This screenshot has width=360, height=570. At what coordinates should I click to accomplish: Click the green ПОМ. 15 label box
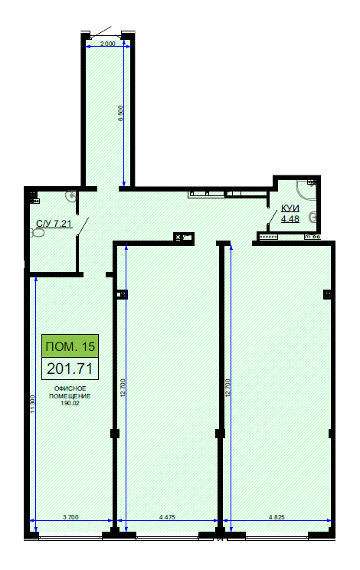[x=70, y=346]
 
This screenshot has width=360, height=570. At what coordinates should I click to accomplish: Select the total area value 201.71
[x=70, y=369]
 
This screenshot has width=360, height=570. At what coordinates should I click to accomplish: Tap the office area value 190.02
[x=70, y=403]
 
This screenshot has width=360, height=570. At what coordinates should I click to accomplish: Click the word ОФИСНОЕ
[x=70, y=389]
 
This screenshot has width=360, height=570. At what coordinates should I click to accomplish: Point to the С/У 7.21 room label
[x=54, y=223]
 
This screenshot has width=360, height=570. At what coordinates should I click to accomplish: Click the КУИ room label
[x=290, y=208]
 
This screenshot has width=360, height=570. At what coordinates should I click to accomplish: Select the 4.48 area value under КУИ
[x=290, y=218]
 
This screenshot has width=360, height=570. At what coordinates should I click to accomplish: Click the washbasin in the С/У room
[x=71, y=197]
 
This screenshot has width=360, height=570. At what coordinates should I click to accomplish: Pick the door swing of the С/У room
[x=83, y=227]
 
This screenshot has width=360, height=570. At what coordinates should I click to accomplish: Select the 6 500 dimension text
[x=120, y=113]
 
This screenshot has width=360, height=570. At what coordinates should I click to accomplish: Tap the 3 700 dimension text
[x=70, y=517]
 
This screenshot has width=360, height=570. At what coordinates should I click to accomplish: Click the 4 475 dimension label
[x=167, y=517]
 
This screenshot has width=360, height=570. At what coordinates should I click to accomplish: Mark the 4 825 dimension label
[x=277, y=517]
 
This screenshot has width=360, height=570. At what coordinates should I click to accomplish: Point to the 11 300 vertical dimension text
[x=32, y=404]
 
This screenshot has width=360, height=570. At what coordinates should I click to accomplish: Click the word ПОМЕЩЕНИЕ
[x=70, y=396]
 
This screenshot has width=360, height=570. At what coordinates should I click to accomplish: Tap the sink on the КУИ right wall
[x=313, y=218]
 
